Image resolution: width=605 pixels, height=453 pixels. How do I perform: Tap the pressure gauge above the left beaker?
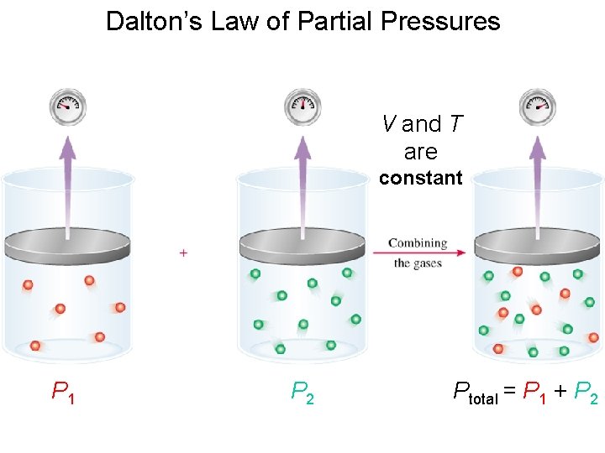tap(68, 106)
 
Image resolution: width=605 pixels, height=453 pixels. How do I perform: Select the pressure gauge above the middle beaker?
tap(303, 105)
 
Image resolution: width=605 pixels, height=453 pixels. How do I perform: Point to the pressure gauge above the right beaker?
tap(538, 105)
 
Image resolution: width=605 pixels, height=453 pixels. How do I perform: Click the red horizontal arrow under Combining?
tap(417, 253)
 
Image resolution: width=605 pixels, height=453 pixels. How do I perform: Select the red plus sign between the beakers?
tap(183, 253)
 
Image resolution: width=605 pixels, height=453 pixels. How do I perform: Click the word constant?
tap(420, 178)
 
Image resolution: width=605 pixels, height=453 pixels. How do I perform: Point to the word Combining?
tap(417, 242)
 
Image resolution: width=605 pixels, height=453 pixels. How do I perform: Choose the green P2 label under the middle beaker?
tap(302, 391)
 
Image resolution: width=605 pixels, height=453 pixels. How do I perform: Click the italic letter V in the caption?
tap(389, 124)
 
